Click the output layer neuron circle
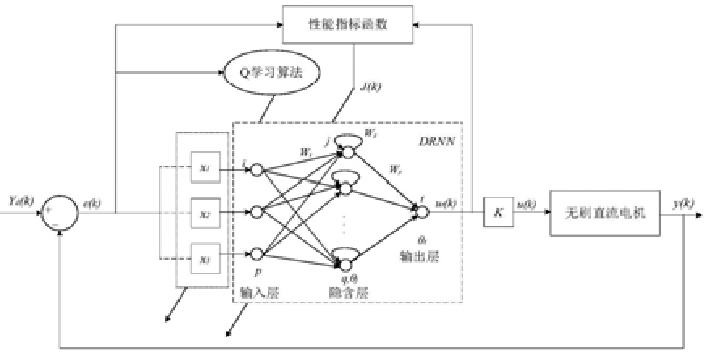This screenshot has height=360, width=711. [x=420, y=212]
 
